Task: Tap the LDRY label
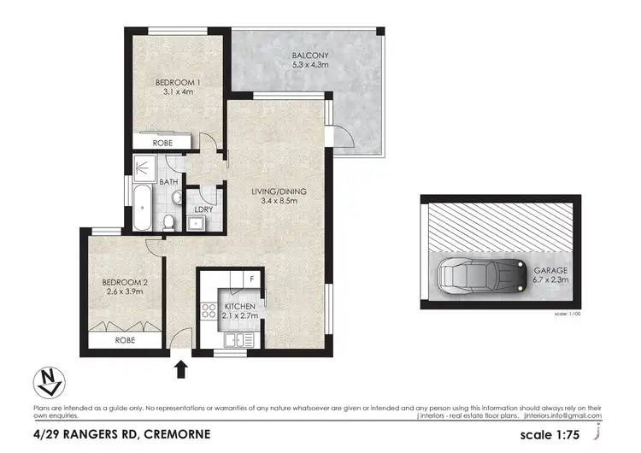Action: (203, 209)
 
